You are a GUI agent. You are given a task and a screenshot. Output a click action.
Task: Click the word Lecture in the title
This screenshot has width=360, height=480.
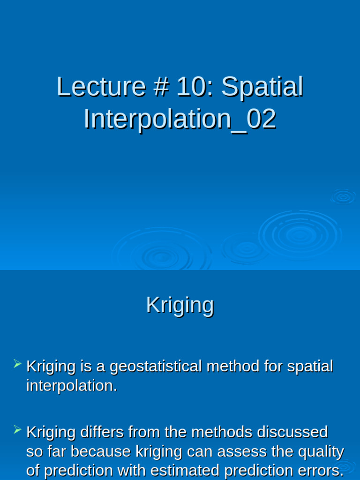pyautogui.click(x=101, y=87)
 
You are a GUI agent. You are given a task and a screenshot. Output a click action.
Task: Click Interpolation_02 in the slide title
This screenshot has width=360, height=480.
pyautogui.click(x=180, y=119)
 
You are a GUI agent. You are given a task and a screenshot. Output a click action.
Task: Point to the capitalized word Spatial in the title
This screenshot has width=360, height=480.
pyautogui.click(x=262, y=87)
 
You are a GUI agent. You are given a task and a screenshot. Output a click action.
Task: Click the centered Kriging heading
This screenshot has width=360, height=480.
pyautogui.click(x=180, y=305)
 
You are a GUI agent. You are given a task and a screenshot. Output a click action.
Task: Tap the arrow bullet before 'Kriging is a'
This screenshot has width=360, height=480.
pyautogui.click(x=18, y=363)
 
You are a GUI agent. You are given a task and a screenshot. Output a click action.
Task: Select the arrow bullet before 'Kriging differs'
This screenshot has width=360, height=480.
pyautogui.click(x=18, y=429)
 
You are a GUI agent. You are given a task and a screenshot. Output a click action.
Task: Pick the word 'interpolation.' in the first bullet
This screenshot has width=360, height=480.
pyautogui.click(x=72, y=386)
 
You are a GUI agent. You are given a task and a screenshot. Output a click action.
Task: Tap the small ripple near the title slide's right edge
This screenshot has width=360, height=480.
pyautogui.click(x=344, y=197)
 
